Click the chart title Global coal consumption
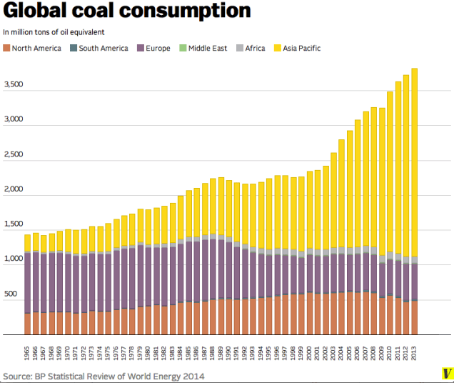point(127,11)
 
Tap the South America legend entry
point(99,48)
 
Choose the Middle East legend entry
point(207,48)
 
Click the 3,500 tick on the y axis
point(14,85)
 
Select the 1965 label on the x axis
point(28,352)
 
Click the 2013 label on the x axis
point(414,352)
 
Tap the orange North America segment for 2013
point(414,317)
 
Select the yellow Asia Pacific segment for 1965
point(28,242)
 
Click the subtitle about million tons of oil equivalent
point(53,33)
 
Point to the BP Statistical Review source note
point(104,375)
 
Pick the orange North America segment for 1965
point(28,324)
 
